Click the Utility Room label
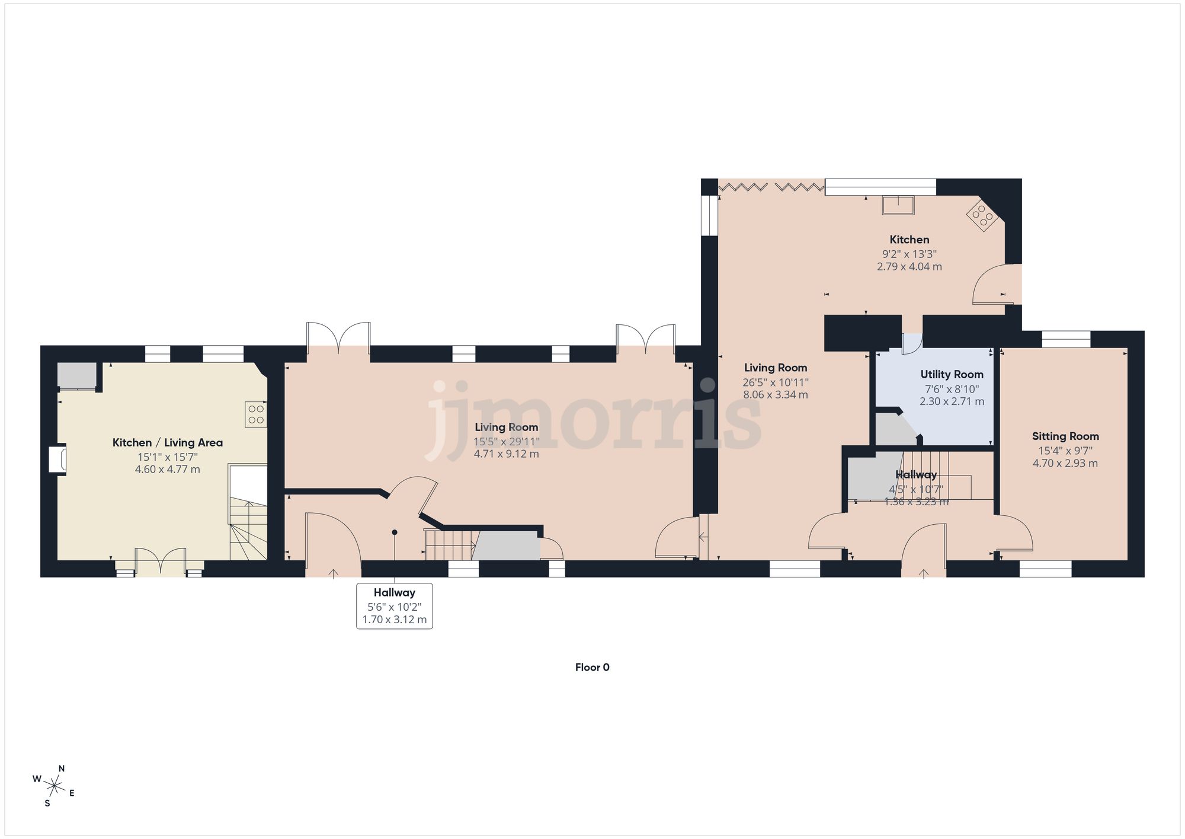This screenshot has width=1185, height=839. click(x=952, y=374)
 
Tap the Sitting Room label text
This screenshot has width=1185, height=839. click(x=1065, y=436)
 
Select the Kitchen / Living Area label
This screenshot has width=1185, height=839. click(x=168, y=442)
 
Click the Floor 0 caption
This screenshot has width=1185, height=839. click(x=592, y=667)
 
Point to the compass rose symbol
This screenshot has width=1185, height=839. click(x=55, y=787)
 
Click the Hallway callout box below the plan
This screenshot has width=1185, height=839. click(x=395, y=605)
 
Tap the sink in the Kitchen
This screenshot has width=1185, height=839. click(x=898, y=205)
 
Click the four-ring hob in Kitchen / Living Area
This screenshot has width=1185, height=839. click(x=256, y=414)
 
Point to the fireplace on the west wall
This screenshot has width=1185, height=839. click(x=58, y=460)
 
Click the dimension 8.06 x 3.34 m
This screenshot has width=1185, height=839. click(x=775, y=395)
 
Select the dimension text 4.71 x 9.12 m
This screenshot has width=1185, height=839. click(x=506, y=454)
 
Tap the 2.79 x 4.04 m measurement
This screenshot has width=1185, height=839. click(x=909, y=267)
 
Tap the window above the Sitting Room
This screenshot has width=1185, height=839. click(x=1066, y=339)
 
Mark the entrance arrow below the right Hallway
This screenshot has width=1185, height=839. click(x=924, y=573)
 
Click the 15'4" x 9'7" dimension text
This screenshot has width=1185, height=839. click(x=1065, y=451)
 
